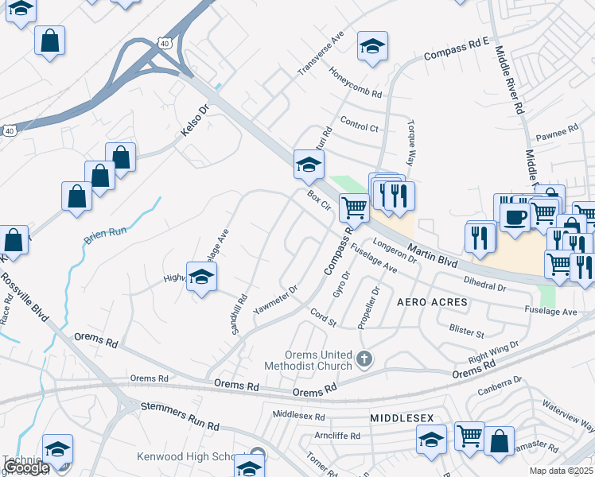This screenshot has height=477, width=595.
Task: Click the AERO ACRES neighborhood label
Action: tap(432, 304)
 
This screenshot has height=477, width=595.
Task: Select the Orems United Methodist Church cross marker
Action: tap(364, 359)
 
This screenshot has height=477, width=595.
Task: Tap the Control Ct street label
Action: tap(359, 123)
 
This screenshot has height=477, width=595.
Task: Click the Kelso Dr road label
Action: tap(193, 120)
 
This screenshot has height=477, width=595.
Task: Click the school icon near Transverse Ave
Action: tap(371, 45)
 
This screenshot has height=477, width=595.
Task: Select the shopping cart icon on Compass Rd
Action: tap(354, 207)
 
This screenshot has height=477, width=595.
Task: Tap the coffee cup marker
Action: tap(515, 215)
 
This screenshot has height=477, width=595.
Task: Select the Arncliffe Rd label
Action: tap(338, 436)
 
